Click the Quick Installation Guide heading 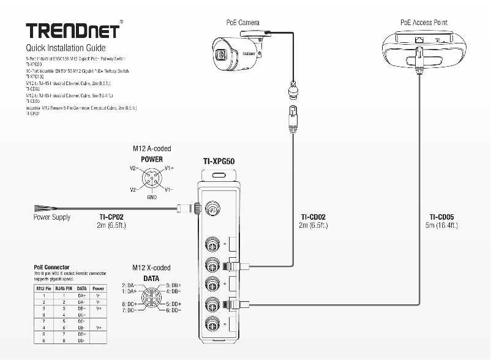(x=66, y=48)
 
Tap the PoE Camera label (x=243, y=23)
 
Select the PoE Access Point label (x=424, y=23)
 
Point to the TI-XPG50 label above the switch (x=219, y=162)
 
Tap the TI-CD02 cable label (x=313, y=217)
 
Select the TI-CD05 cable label (x=441, y=217)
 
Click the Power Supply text (x=51, y=217)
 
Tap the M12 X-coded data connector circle (x=151, y=298)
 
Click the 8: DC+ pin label (x=129, y=304)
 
